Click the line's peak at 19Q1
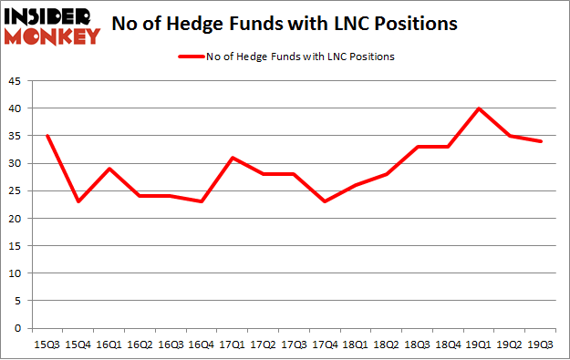[x=479, y=108]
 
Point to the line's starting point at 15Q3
[x=47, y=136]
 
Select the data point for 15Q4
[x=78, y=201]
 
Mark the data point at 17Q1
[x=233, y=158]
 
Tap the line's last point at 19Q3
[x=541, y=141]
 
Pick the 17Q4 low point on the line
[x=325, y=201]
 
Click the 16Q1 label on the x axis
[x=109, y=345]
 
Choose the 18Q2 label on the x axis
[x=387, y=345]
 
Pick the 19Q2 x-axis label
[x=510, y=345]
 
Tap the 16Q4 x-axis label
[x=202, y=345]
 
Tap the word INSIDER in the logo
[x=50, y=16]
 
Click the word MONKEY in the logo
[x=54, y=36]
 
